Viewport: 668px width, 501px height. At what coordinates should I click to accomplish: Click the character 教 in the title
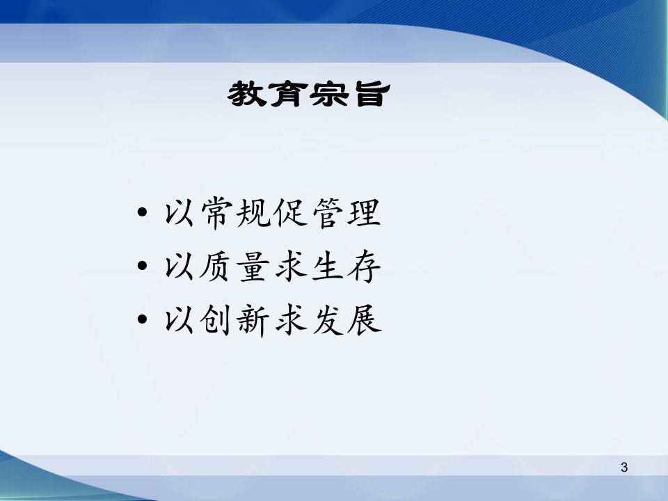246,94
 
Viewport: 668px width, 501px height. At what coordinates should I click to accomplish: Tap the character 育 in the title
287,94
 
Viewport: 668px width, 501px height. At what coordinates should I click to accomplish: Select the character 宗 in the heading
328,94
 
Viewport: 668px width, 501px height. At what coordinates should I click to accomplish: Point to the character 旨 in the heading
369,94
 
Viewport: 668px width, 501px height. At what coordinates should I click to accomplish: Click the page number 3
624,468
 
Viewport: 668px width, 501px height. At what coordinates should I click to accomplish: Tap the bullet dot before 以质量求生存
143,266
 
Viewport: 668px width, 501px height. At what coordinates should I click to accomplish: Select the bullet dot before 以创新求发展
143,319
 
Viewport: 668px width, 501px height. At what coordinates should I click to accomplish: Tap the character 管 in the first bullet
328,213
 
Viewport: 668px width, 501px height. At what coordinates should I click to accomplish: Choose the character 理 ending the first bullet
364,213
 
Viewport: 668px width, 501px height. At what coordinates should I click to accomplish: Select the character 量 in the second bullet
254,267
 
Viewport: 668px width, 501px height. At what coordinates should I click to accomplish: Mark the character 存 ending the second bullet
364,267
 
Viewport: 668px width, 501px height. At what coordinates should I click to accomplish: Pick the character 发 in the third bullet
328,320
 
